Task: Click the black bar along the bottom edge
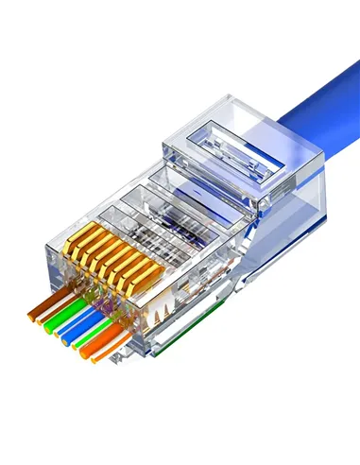[x=180, y=440]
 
